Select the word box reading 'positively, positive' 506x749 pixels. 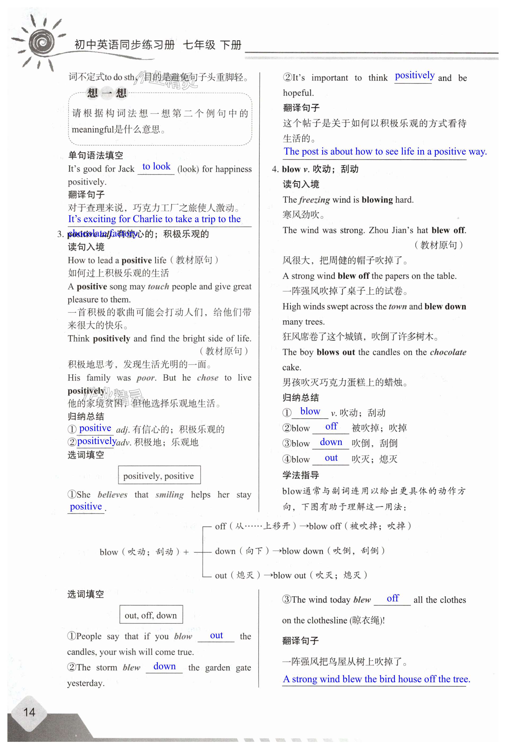point(159,476)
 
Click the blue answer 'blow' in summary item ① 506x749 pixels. point(310,411)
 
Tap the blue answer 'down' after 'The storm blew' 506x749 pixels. point(164,666)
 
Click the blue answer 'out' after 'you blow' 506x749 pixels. point(216,635)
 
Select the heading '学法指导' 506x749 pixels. point(300,475)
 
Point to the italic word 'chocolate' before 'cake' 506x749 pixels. point(448,352)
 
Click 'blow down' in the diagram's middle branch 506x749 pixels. point(302,551)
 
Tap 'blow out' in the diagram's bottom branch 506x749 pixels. point(289,575)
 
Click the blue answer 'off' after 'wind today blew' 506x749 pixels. point(393,598)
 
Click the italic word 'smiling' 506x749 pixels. point(170,494)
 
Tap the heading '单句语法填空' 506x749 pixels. point(95,155)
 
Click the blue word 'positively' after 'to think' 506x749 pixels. point(415,76)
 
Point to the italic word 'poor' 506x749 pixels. point(146,378)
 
